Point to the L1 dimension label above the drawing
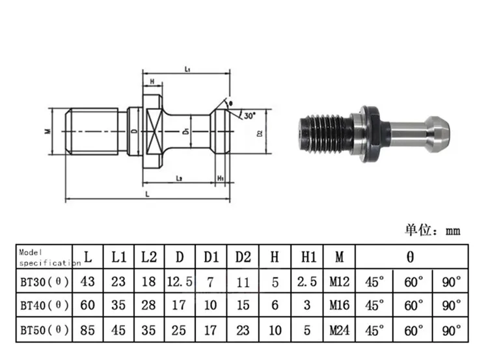(x=186, y=68)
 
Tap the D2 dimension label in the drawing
(x=259, y=133)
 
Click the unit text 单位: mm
(x=433, y=230)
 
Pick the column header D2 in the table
(x=243, y=257)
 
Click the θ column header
(x=410, y=257)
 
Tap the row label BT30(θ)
(x=44, y=282)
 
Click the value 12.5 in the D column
(x=180, y=282)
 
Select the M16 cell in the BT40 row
(x=339, y=306)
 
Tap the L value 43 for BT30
(x=88, y=282)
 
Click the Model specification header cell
(x=44, y=257)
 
